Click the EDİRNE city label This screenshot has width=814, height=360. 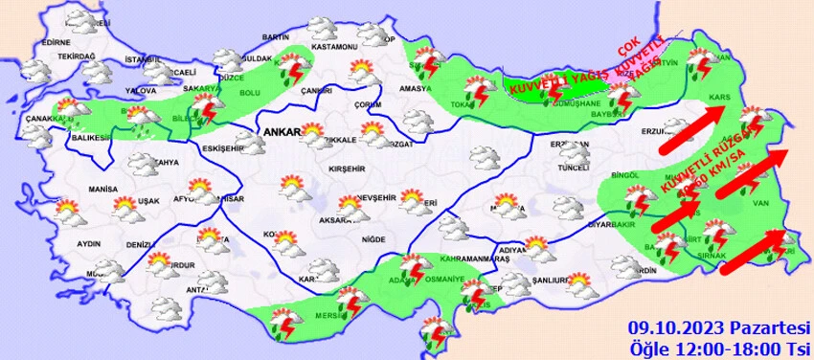57,43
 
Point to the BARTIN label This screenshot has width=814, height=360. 275,36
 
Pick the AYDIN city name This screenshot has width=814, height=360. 88,244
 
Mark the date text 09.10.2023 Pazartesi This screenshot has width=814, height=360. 719,326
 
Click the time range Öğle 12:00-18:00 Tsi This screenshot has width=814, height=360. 719,345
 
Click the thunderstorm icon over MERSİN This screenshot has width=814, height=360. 353,304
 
